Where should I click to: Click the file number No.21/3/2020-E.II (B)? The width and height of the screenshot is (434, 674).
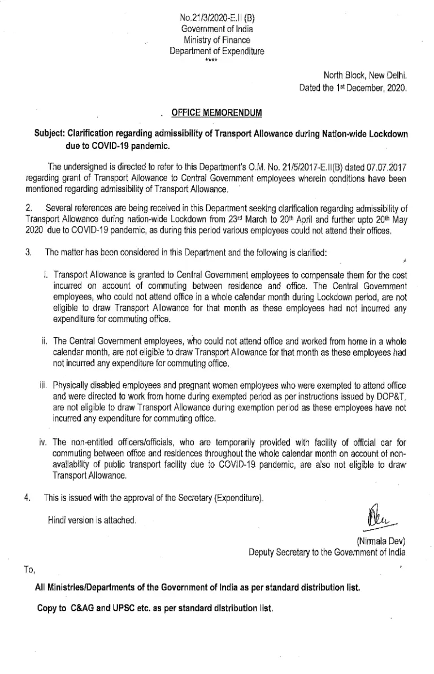tap(216, 18)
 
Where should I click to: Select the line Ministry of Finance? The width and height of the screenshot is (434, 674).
tap(216, 40)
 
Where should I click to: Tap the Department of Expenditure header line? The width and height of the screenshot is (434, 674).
tap(216, 51)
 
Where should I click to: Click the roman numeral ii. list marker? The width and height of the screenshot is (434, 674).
tap(43, 341)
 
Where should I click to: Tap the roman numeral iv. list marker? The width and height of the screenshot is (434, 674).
tap(42, 441)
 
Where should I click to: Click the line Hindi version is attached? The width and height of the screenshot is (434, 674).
tap(92, 519)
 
